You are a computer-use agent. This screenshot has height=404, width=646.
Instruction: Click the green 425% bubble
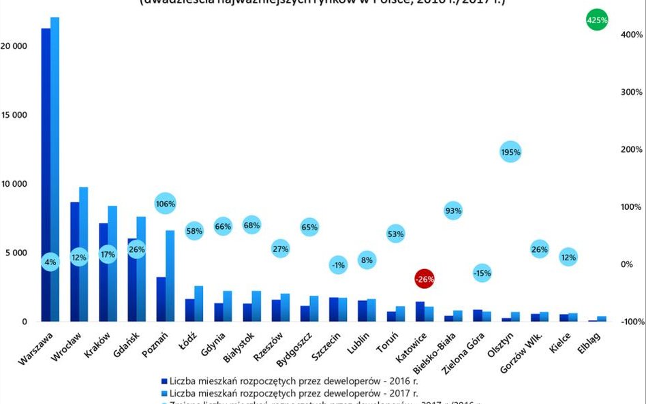click(x=597, y=20)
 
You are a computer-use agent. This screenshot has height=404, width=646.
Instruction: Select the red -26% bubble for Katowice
click(x=425, y=279)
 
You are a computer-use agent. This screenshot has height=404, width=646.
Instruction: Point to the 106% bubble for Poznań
click(x=166, y=203)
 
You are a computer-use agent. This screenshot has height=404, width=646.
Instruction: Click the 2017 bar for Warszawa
click(x=55, y=170)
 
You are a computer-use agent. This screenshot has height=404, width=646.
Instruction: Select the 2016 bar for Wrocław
click(x=74, y=262)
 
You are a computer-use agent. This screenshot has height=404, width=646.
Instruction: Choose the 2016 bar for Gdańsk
click(x=132, y=280)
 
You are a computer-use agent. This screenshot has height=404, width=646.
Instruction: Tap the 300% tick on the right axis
click(x=630, y=92)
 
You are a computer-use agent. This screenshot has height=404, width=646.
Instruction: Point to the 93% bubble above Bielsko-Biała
click(x=453, y=211)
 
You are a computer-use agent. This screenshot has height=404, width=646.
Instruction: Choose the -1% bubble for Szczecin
click(x=338, y=266)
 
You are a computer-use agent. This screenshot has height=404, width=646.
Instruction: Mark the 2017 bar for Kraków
click(x=112, y=264)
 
